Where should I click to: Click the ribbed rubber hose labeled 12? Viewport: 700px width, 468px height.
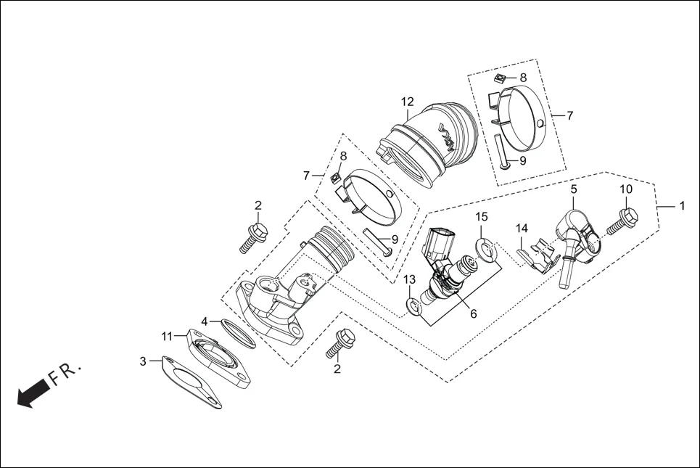pyautogui.click(x=428, y=145)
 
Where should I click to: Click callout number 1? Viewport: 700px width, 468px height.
pyautogui.click(x=681, y=205)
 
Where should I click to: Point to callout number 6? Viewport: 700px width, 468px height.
pyautogui.click(x=474, y=313)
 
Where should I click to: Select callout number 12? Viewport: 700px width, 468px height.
pyautogui.click(x=406, y=101)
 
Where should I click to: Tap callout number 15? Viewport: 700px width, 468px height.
pyautogui.click(x=482, y=217)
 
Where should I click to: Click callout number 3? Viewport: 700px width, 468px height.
pyautogui.click(x=144, y=361)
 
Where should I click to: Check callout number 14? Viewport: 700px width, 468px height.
pyautogui.click(x=522, y=229)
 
